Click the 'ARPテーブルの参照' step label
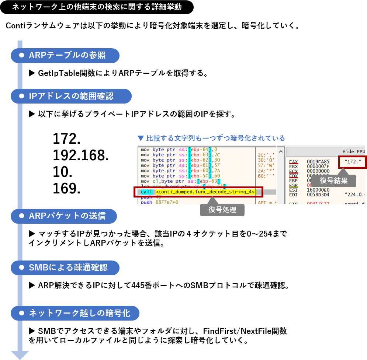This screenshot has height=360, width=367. pos(67,56)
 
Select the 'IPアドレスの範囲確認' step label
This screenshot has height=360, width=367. pos(71,96)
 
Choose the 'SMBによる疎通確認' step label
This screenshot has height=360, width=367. pos(68,268)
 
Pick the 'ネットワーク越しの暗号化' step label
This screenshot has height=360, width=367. pos(79,313)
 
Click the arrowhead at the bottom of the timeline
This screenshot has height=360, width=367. pos(20,354)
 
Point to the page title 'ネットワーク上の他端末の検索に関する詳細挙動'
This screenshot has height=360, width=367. pos(97,7)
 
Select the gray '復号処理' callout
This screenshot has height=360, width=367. pos(222,210)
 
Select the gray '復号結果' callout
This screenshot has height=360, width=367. pos(333,181)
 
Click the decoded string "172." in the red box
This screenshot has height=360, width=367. pos(353,162)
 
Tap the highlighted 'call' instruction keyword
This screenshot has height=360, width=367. pos(146,192)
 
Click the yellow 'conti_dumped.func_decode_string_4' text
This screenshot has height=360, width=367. pos(205,192)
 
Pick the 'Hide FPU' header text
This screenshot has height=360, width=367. pos(353,151)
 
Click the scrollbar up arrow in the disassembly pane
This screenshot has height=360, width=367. pos(281,151)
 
